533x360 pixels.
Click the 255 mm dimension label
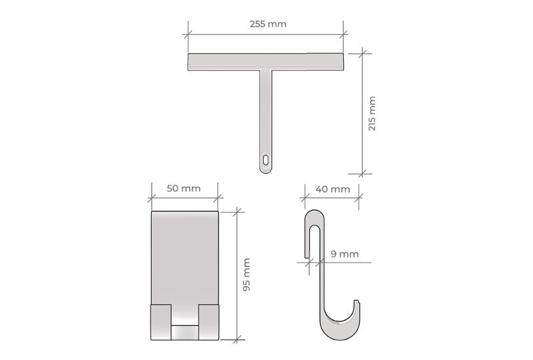point(268,24)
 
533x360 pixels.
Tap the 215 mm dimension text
point(372,113)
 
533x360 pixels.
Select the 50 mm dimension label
point(184,189)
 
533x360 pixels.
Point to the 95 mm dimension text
point(247,275)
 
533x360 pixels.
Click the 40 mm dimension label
point(332,189)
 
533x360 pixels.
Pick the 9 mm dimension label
point(344,254)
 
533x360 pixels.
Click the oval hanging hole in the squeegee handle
point(265,160)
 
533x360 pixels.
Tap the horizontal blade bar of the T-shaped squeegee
point(265,61)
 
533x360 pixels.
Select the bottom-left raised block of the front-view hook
point(161,322)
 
